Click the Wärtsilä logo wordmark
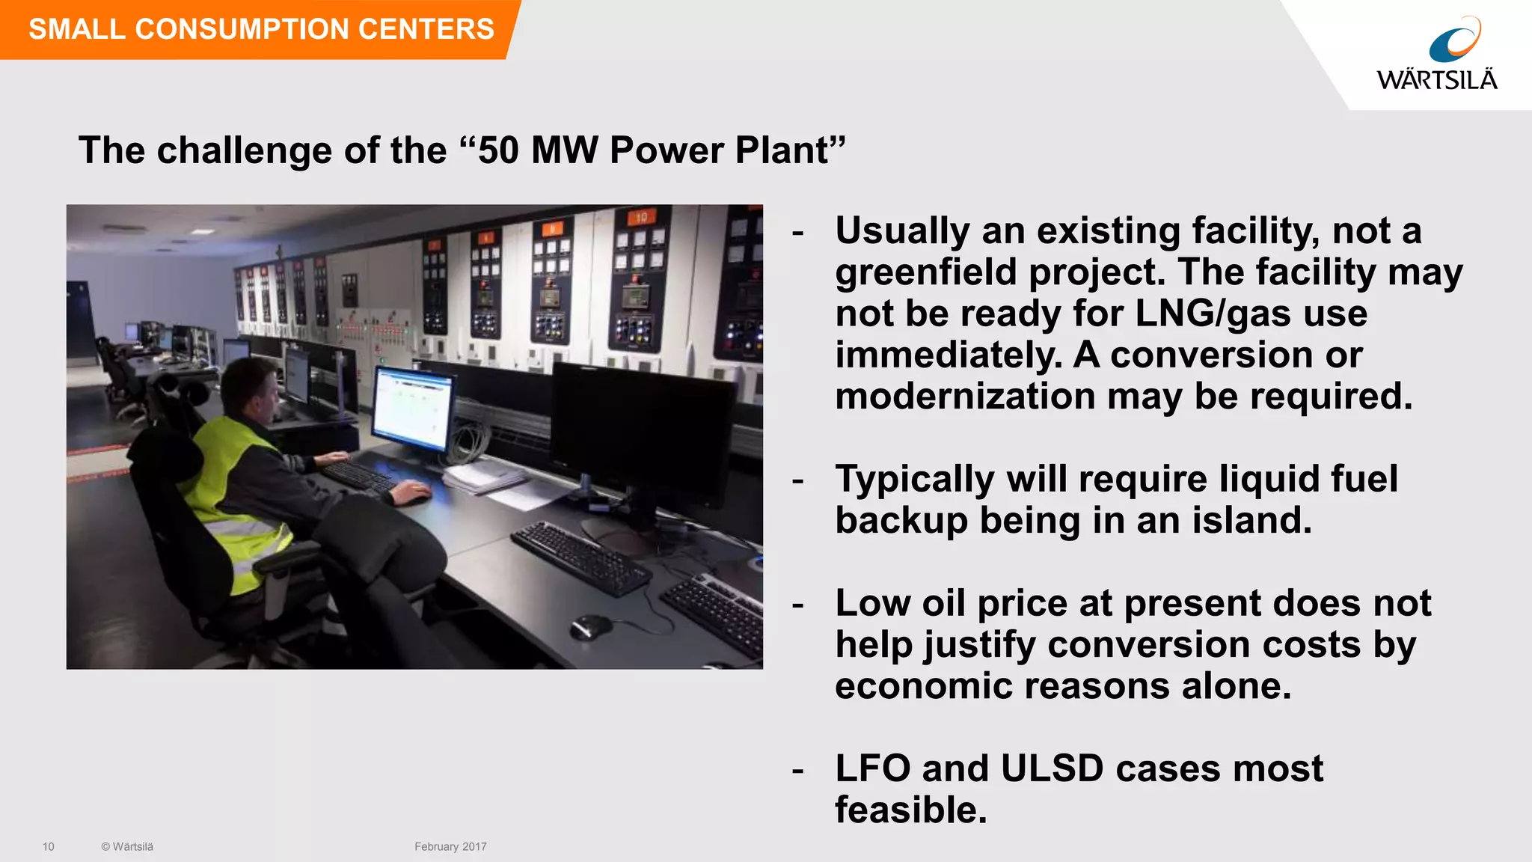(x=1436, y=80)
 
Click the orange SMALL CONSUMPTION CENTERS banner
(x=260, y=29)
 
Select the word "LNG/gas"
(x=1213, y=314)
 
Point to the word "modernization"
(x=965, y=396)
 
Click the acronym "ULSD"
(x=1052, y=768)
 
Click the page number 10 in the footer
(x=49, y=846)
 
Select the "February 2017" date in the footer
(x=450, y=846)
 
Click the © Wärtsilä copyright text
(x=127, y=846)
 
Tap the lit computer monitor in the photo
(x=412, y=408)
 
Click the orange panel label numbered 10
(x=642, y=218)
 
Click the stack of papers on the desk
(x=482, y=477)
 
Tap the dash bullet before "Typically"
(x=798, y=480)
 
